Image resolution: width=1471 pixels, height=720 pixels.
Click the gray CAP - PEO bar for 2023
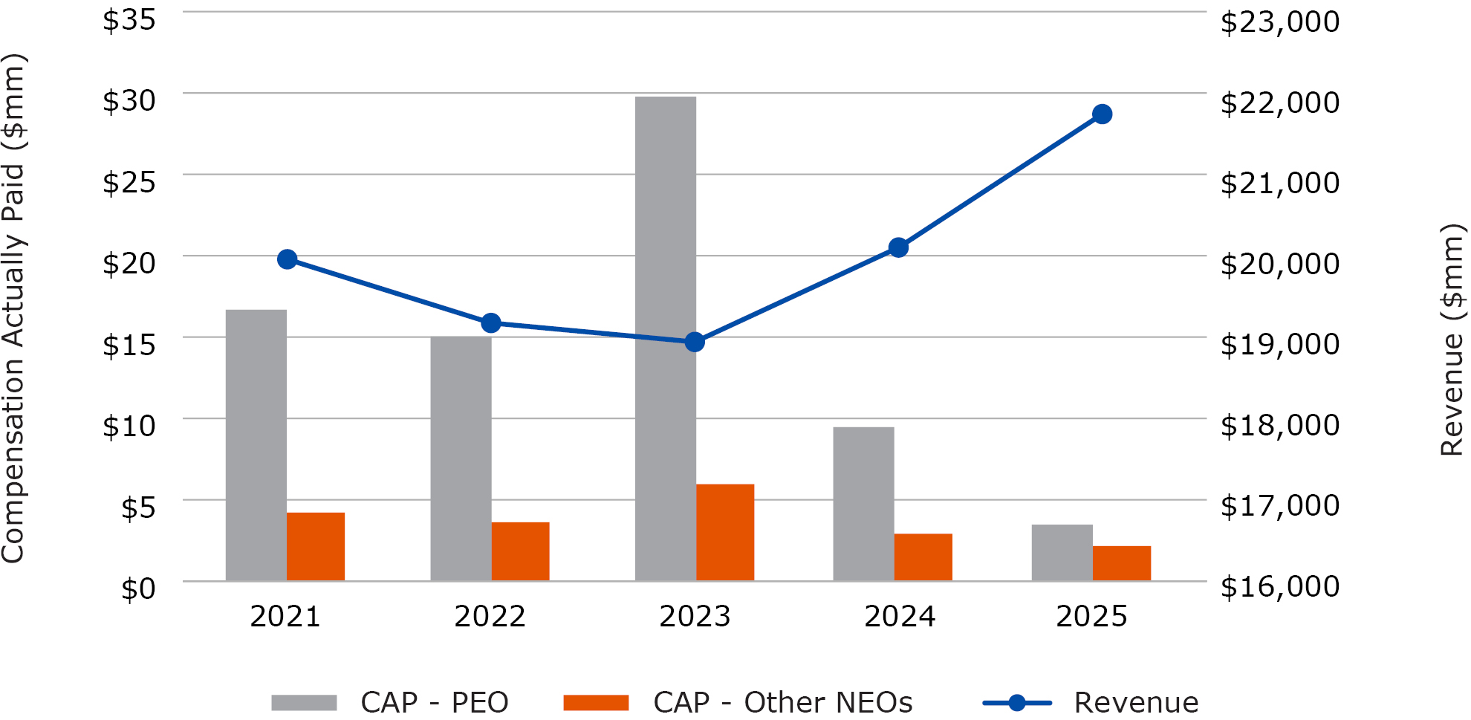pyautogui.click(x=665, y=338)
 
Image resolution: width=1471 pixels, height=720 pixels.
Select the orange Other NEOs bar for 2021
pyautogui.click(x=315, y=546)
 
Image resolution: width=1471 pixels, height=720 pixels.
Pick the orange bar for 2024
pyautogui.click(x=923, y=557)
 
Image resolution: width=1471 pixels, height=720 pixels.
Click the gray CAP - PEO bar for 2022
pyautogui.click(x=461, y=458)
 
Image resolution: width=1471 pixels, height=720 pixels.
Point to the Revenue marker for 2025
pyautogui.click(x=1102, y=114)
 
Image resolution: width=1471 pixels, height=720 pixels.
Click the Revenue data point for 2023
pyautogui.click(x=695, y=342)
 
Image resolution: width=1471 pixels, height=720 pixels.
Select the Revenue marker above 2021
pyautogui.click(x=287, y=259)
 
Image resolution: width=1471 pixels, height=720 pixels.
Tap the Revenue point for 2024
pyautogui.click(x=898, y=247)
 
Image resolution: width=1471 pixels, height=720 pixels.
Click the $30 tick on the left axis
pyautogui.click(x=129, y=100)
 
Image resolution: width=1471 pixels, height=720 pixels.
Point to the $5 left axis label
pyautogui.click(x=138, y=507)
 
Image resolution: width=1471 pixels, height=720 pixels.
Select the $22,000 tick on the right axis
pyautogui.click(x=1279, y=102)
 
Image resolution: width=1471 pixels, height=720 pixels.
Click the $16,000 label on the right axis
pyautogui.click(x=1279, y=586)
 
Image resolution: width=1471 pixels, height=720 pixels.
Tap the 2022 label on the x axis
pyautogui.click(x=490, y=616)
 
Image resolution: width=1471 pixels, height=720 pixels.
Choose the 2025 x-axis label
pyautogui.click(x=1091, y=616)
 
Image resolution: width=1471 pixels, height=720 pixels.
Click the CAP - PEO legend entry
pyautogui.click(x=434, y=702)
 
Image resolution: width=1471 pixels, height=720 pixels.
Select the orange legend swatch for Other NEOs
pyautogui.click(x=596, y=702)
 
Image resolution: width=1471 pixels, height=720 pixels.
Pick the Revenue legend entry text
pyautogui.click(x=1135, y=702)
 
